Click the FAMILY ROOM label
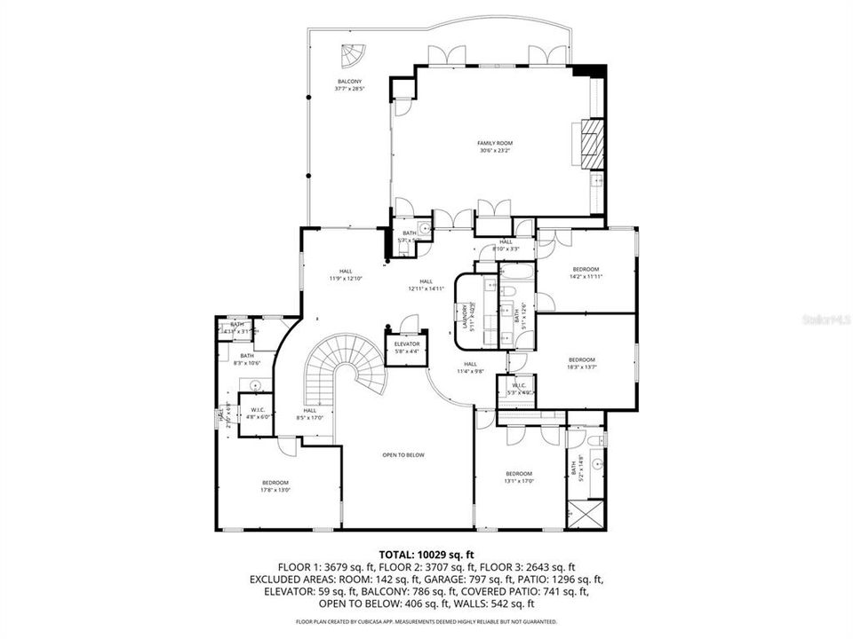(x=495, y=146)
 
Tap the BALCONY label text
(x=349, y=85)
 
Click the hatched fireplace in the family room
(x=590, y=142)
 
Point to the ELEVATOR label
(x=407, y=347)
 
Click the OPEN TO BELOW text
(x=403, y=454)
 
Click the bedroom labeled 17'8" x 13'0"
(x=275, y=485)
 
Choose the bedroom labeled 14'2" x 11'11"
(x=586, y=272)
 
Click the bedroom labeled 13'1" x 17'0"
(x=518, y=477)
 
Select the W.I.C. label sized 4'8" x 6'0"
(x=255, y=413)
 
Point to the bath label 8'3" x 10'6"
(x=246, y=359)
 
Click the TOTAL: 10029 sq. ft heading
(x=426, y=555)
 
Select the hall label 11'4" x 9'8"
(x=470, y=367)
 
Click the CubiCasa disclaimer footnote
(x=426, y=621)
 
